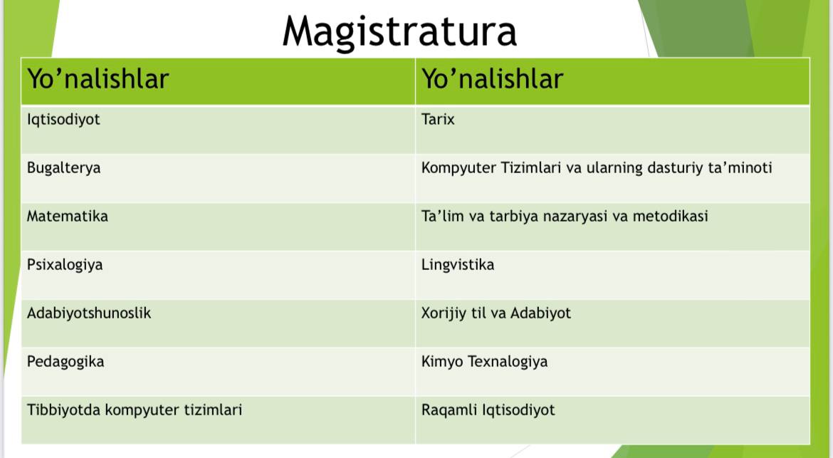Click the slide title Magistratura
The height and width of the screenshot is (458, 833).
coord(399,33)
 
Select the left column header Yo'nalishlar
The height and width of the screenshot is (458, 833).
coord(98,78)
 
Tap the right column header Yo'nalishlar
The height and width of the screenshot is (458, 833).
coord(492,78)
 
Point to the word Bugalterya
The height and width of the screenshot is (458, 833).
coord(64,168)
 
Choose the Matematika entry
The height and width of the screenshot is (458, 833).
coord(68,217)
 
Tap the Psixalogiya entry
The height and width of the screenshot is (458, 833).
coord(65,265)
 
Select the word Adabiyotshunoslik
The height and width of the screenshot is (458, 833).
coord(89,313)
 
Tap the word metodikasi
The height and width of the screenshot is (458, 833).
coord(670,217)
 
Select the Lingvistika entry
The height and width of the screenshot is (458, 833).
coord(457,265)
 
